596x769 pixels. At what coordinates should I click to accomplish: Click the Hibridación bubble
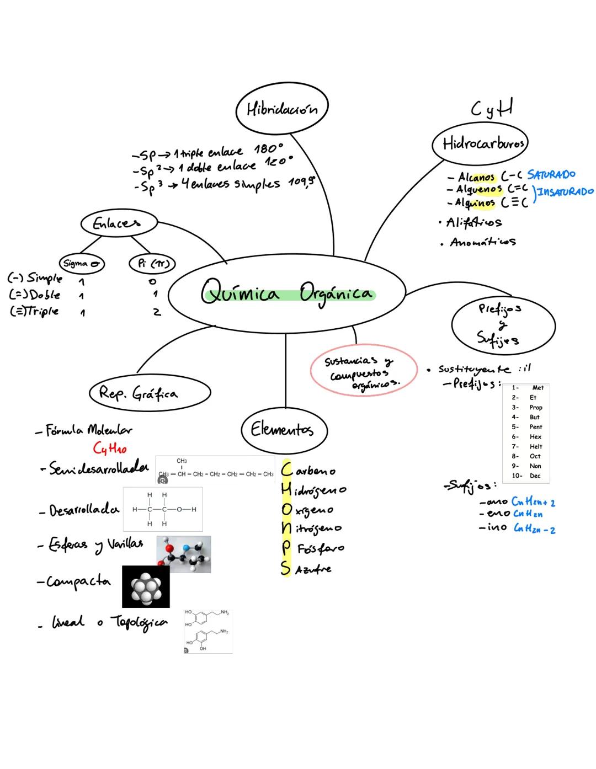(281, 110)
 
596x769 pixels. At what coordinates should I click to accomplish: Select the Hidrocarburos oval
(480, 144)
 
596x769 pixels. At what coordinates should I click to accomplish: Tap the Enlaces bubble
(118, 223)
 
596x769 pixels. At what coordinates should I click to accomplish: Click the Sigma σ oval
(82, 264)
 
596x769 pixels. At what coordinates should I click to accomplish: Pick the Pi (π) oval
(152, 264)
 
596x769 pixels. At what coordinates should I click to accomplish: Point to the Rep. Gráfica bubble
(149, 393)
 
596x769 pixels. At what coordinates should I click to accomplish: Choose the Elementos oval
(284, 429)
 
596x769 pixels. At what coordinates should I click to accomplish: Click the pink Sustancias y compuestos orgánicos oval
(363, 372)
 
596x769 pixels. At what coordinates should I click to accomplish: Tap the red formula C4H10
(110, 448)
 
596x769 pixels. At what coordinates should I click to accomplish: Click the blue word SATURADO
(551, 175)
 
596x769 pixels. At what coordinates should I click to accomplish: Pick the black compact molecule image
(146, 586)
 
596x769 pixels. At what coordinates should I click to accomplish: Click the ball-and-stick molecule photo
(183, 553)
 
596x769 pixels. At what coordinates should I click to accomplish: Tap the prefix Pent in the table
(535, 427)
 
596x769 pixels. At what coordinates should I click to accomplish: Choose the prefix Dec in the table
(535, 476)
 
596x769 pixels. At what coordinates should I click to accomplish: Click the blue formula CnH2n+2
(533, 502)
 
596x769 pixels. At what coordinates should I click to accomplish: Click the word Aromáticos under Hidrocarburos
(482, 242)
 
